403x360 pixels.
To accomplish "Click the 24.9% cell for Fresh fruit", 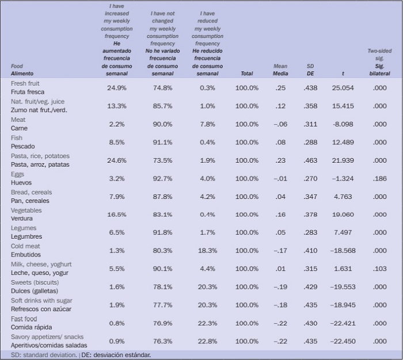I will (116, 88).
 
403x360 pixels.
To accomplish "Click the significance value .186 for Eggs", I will (379, 178).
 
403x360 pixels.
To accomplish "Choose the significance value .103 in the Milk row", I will (379, 269).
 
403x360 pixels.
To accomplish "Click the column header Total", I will (246, 74).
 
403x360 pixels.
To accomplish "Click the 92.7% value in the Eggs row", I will (162, 178).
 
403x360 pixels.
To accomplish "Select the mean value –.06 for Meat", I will (280, 124).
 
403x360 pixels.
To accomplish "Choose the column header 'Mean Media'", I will (280, 70).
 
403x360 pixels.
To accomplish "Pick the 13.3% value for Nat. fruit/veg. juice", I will (116, 106).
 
